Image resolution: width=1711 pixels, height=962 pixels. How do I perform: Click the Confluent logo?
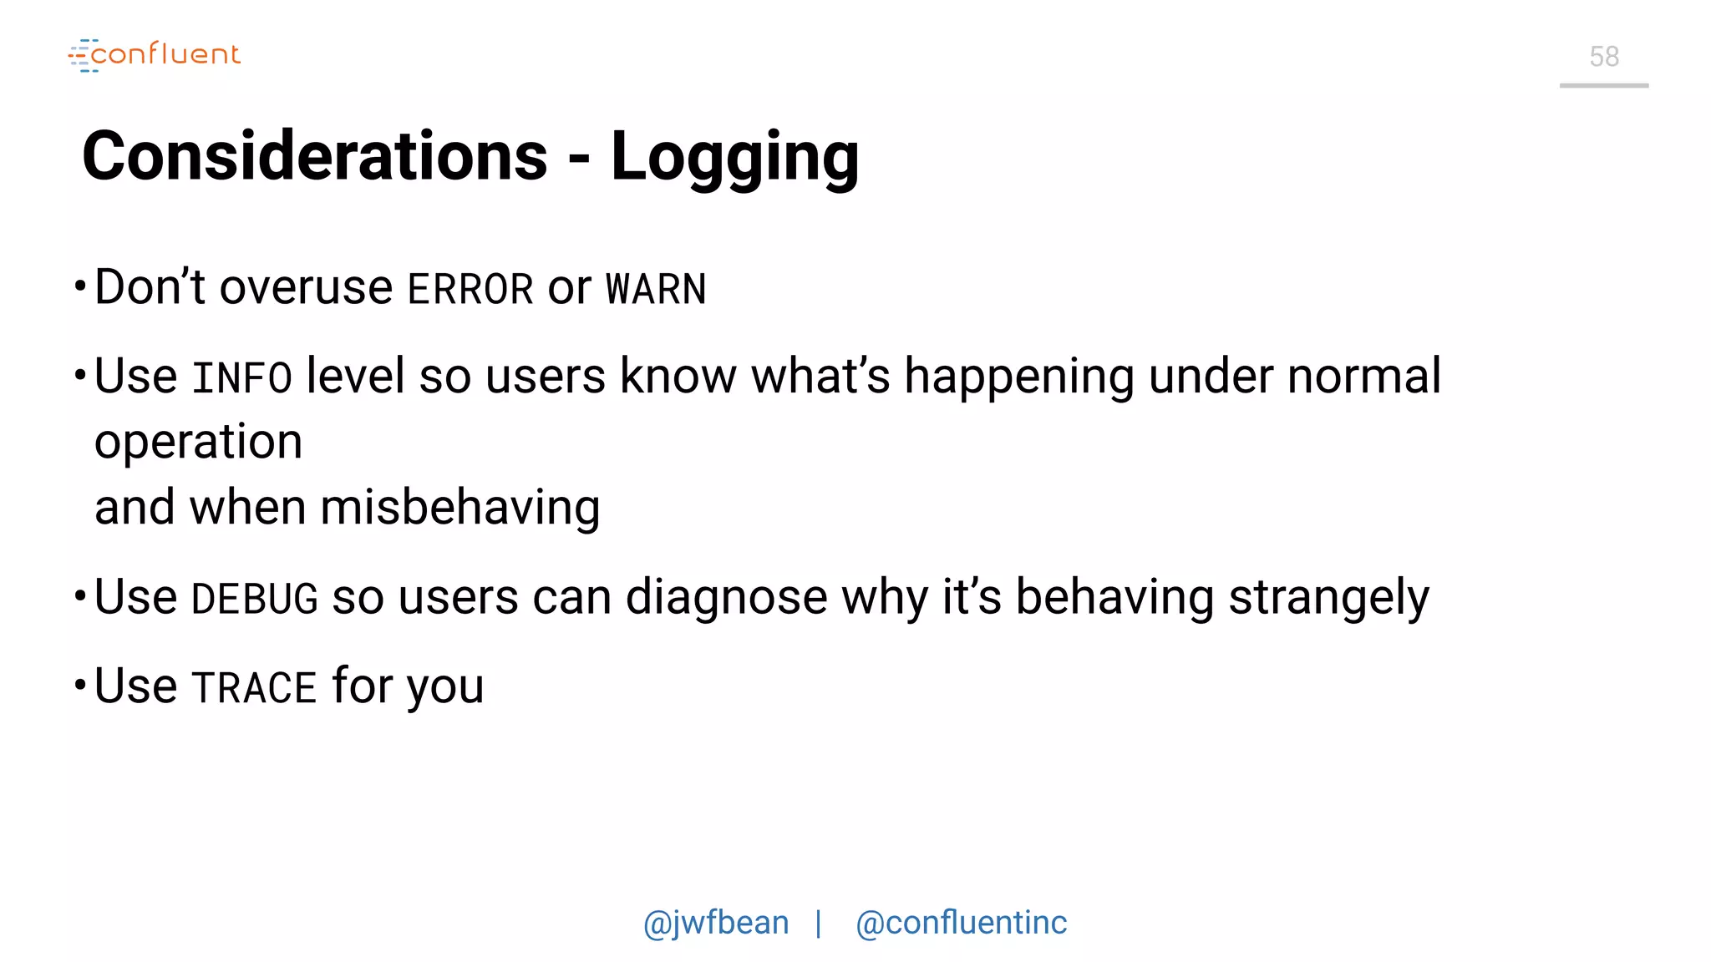(x=155, y=55)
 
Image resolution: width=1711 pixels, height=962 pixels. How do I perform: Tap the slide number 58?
(x=1603, y=57)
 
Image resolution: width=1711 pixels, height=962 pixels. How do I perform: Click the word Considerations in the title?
(x=315, y=156)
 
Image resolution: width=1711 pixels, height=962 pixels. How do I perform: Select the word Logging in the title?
(x=734, y=158)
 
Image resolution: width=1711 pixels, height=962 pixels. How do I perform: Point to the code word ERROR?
(x=470, y=290)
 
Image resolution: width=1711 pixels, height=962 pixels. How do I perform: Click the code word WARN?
(x=656, y=290)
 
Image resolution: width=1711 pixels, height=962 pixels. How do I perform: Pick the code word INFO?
(x=241, y=378)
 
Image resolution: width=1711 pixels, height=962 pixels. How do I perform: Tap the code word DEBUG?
(x=255, y=600)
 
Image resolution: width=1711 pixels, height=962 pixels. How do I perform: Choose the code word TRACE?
(x=254, y=688)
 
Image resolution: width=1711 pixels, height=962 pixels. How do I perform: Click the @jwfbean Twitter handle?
(x=716, y=923)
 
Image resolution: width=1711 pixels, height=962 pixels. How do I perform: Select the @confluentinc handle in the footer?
(x=961, y=923)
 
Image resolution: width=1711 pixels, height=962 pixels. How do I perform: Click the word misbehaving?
(x=459, y=508)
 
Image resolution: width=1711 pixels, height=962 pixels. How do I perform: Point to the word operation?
(x=198, y=443)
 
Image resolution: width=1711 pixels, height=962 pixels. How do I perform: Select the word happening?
(x=1019, y=377)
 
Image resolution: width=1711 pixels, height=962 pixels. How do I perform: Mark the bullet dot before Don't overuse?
(x=80, y=286)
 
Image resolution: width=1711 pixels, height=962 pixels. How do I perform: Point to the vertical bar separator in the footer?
(x=819, y=923)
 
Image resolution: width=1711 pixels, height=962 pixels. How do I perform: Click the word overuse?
(x=306, y=288)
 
